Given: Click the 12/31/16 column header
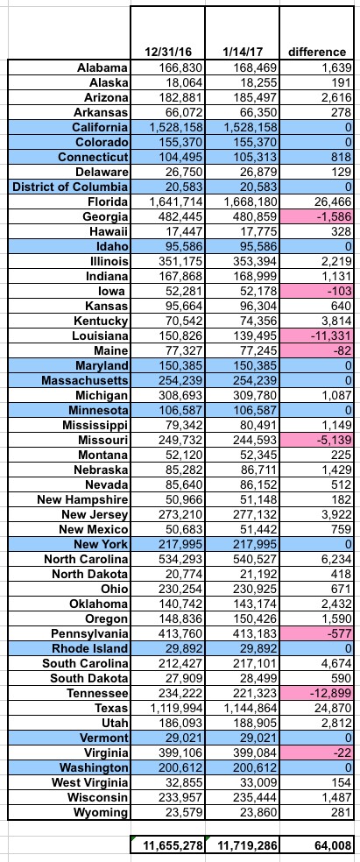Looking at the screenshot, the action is tap(167, 53).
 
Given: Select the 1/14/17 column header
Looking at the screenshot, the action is tap(242, 53).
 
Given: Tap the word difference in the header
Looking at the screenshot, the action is tap(317, 53).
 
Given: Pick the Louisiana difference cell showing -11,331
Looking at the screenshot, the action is tap(329, 336).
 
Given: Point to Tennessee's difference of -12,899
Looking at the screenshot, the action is tap(329, 693).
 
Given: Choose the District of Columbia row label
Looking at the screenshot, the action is tap(70, 187).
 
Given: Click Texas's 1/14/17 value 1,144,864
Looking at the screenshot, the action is tap(250, 708).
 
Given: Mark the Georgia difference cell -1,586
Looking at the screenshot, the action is tap(333, 216).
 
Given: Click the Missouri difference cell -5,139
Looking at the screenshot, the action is tap(333, 439).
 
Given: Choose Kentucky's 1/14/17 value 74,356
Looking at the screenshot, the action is tap(258, 321).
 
